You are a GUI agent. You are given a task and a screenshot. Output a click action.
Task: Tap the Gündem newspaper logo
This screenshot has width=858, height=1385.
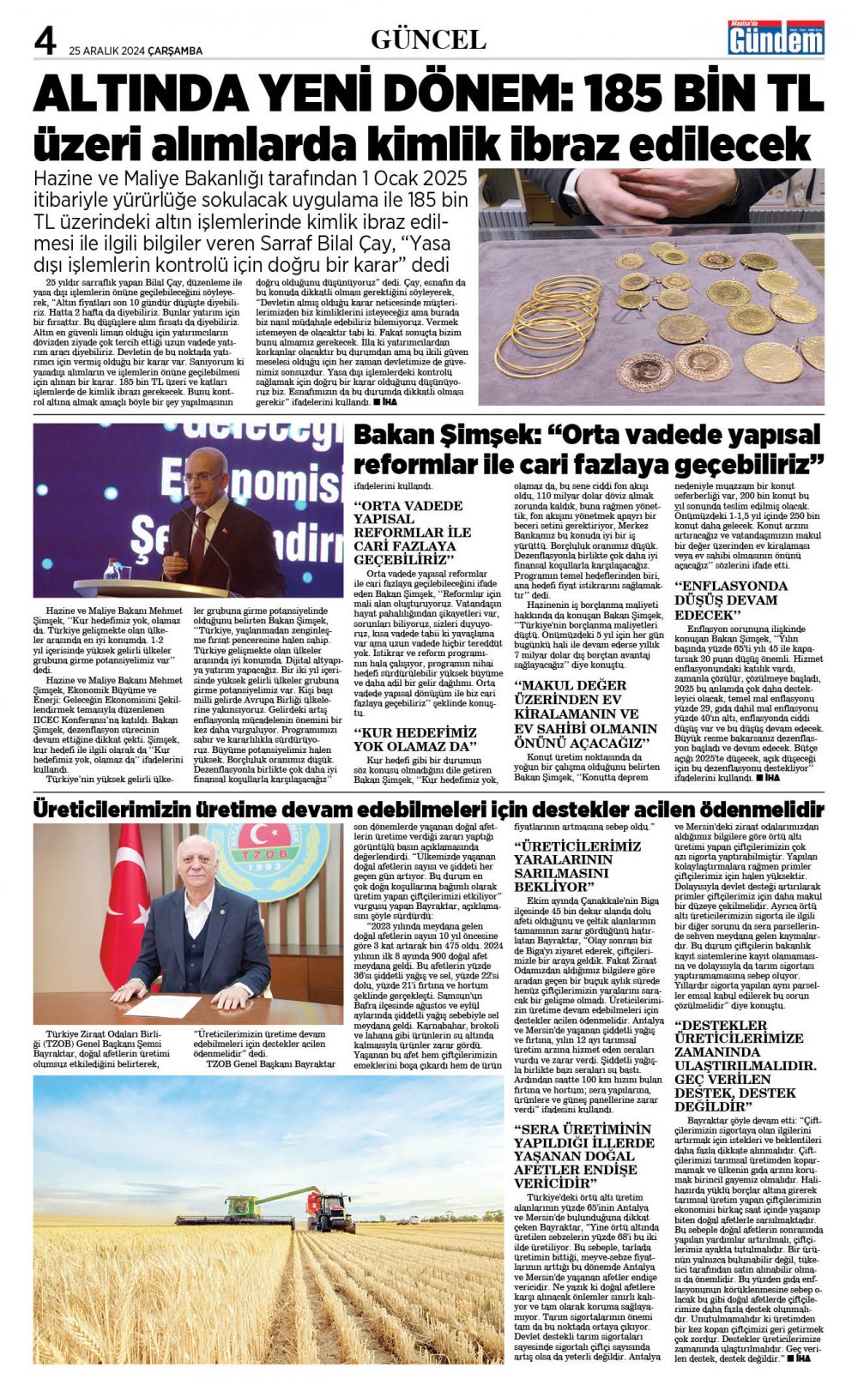click(x=776, y=39)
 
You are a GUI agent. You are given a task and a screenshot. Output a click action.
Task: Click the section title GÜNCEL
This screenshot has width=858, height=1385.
click(x=428, y=39)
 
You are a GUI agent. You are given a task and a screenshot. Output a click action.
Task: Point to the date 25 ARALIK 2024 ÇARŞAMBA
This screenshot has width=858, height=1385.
click(x=136, y=51)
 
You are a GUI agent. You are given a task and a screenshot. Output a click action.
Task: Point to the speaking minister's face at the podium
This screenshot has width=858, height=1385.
click(x=205, y=477)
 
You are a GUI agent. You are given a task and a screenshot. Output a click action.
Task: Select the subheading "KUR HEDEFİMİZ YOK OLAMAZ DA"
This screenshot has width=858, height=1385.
click(x=415, y=739)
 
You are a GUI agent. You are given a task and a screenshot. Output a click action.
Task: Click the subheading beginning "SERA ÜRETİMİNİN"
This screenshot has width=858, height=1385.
click(x=583, y=1156)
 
